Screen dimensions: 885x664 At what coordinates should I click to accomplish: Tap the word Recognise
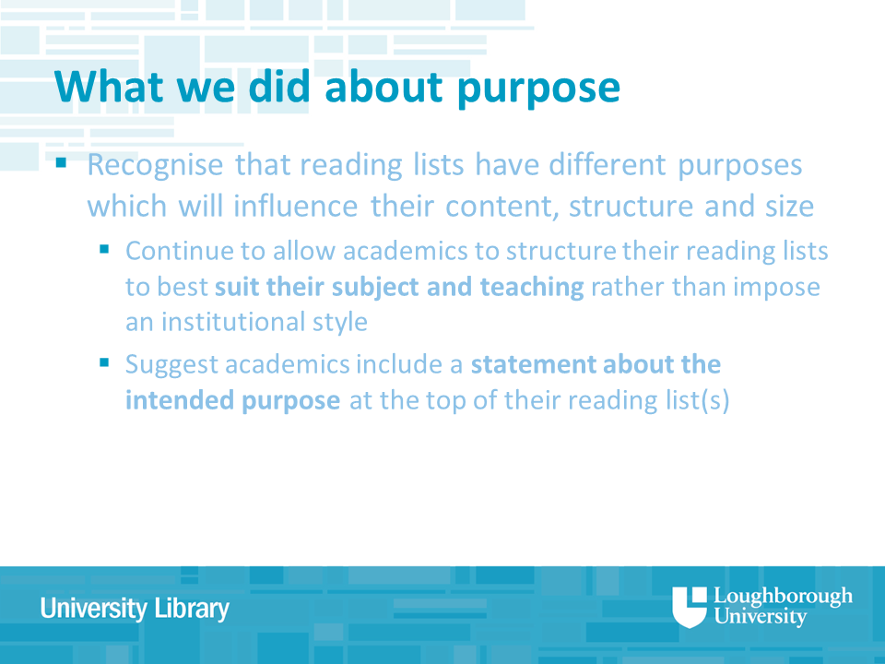(x=156, y=166)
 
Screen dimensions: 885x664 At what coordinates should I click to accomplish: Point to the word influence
(x=296, y=206)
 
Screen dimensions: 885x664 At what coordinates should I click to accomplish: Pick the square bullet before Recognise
(x=61, y=163)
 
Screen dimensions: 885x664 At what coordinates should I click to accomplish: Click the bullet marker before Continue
(x=104, y=248)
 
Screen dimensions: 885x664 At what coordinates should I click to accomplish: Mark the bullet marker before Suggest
(x=104, y=362)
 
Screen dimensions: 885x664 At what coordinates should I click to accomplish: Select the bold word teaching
(x=532, y=288)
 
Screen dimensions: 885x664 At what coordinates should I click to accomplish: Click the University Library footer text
(x=135, y=609)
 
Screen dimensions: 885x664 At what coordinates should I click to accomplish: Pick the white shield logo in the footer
(x=689, y=607)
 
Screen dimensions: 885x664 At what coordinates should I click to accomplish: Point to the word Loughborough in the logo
(x=783, y=597)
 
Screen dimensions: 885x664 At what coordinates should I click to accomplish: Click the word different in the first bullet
(x=608, y=165)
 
